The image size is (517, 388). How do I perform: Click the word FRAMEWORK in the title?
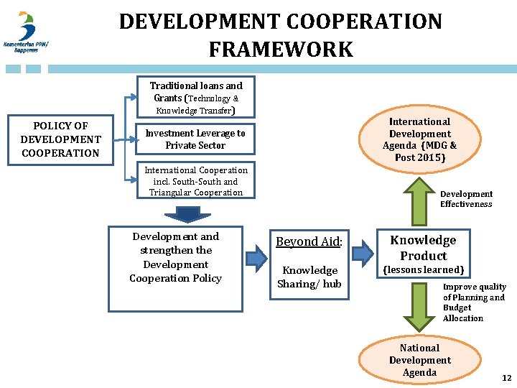click(x=281, y=50)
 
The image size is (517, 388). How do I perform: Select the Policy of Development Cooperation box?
click(x=60, y=139)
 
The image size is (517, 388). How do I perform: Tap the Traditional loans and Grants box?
click(x=196, y=98)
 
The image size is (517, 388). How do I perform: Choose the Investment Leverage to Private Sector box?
click(x=195, y=139)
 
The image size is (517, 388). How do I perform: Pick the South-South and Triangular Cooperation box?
click(x=195, y=181)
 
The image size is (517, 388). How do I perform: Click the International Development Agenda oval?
click(x=420, y=139)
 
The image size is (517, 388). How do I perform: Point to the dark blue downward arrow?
click(x=187, y=214)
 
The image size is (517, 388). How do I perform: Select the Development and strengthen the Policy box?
click(x=176, y=257)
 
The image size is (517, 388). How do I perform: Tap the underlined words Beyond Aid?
click(x=308, y=242)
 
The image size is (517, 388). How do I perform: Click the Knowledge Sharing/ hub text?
click(x=309, y=277)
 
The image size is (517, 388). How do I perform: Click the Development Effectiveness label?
click(x=466, y=199)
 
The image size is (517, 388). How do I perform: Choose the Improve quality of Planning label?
click(x=474, y=302)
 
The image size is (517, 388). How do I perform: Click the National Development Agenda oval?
click(x=420, y=360)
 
